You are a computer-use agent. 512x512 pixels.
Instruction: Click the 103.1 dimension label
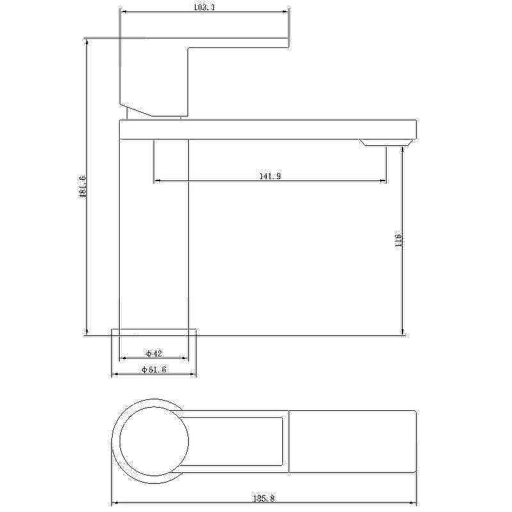[x=204, y=7]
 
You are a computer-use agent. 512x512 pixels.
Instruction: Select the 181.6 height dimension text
[x=82, y=186]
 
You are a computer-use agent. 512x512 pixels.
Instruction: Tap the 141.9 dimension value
[x=270, y=176]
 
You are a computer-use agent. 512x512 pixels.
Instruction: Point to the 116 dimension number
[x=398, y=241]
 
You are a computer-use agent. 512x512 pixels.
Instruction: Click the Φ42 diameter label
[x=154, y=353]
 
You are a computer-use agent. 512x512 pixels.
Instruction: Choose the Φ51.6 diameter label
[x=154, y=369]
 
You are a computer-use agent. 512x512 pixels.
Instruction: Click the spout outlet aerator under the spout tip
[x=386, y=142]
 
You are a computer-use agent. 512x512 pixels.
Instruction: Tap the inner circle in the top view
[x=120, y=441]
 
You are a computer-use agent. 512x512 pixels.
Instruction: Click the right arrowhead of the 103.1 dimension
[x=285, y=12]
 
